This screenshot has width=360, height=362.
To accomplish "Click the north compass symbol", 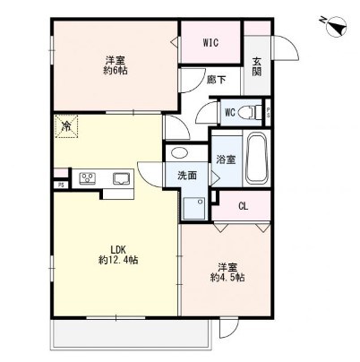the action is [336, 27].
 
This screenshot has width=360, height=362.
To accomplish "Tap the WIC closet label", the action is [210, 43].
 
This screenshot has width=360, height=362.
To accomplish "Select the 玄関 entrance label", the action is [257, 66].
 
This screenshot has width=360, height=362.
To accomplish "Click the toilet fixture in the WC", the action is [252, 113].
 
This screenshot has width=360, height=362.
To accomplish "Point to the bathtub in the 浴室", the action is [256, 159].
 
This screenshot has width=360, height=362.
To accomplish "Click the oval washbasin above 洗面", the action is [179, 153].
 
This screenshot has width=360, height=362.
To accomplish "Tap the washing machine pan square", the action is [194, 209].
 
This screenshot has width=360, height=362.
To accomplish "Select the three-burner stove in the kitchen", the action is [87, 178].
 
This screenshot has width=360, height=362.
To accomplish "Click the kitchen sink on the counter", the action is [121, 178].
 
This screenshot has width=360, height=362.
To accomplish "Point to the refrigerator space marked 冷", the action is [66, 126].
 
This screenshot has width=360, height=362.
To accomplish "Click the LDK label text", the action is [119, 249].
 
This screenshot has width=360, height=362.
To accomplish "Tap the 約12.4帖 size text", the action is [118, 260].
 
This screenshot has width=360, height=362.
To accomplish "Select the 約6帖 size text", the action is [116, 71].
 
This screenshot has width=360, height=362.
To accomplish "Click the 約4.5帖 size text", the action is [227, 278].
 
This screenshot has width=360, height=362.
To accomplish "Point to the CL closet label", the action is [244, 206].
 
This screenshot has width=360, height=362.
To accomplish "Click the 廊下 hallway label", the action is [217, 80].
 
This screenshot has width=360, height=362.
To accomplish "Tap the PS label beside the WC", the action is [268, 113].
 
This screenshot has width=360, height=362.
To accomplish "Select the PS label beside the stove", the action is [61, 185].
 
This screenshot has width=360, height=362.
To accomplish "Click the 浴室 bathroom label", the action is [226, 159].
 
